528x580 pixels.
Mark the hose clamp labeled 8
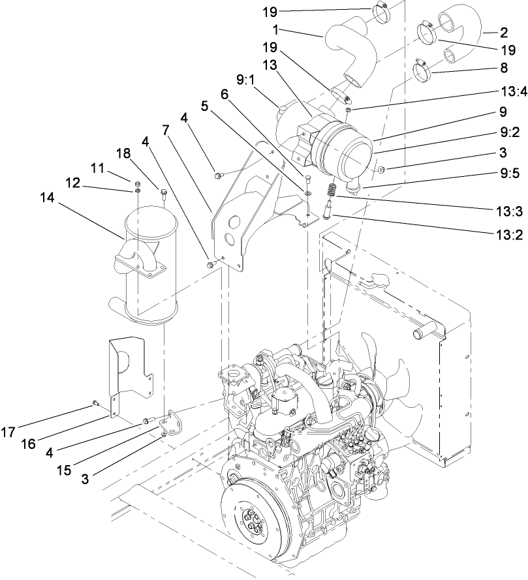(x=426, y=67)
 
